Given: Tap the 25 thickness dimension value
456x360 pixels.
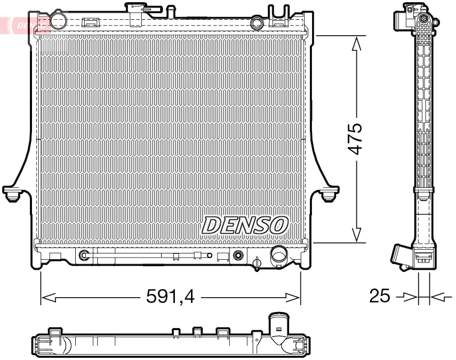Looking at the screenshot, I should coord(380,296).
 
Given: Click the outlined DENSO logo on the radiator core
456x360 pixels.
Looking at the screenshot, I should coord(245,225).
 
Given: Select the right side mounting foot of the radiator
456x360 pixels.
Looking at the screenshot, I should coord(330,193).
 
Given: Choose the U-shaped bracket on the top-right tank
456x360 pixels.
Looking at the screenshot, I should coord(278,15).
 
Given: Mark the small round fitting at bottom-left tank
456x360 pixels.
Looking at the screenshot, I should coord(84,256).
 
